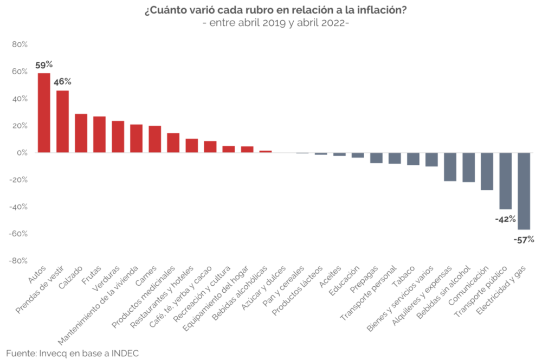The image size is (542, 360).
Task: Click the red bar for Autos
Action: (x=44, y=113)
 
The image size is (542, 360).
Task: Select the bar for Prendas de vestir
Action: (x=62, y=121)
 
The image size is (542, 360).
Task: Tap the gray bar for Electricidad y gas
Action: (x=524, y=191)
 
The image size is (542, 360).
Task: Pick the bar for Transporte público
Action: (x=505, y=181)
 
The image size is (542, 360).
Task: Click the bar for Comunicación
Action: (x=487, y=171)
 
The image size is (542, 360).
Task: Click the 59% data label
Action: (x=44, y=65)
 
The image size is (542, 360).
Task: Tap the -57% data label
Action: (x=523, y=239)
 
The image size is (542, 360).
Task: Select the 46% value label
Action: (x=62, y=82)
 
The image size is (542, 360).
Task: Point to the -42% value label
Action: (x=505, y=219)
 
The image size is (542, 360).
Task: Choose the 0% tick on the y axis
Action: (x=22, y=153)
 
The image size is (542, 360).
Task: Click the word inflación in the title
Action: (x=382, y=11)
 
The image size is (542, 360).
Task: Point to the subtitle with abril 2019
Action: (x=276, y=23)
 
